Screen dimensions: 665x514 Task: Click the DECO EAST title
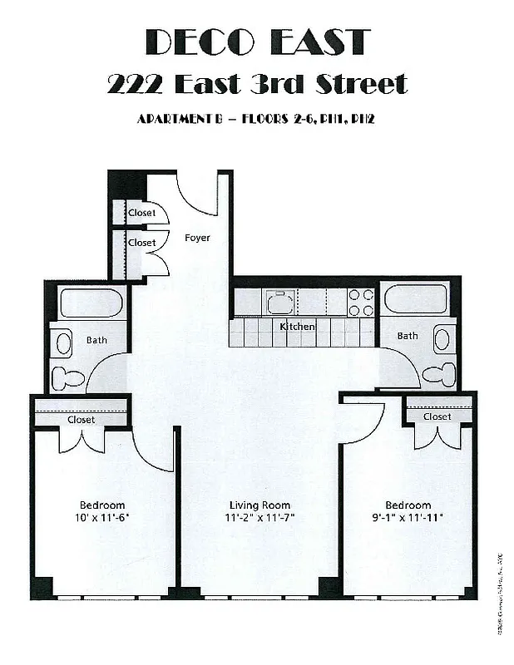coord(257,42)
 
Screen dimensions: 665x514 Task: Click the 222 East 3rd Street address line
coord(257,84)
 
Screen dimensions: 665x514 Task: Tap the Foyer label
coord(197,238)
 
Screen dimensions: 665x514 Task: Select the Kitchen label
coord(297,327)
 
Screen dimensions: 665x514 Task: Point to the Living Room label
coord(259,505)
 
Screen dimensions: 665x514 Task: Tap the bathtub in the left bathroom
coord(92,303)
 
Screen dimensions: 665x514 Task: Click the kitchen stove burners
coord(361,302)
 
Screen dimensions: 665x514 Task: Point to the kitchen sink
coord(280,301)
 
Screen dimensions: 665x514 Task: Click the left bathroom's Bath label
coord(96,340)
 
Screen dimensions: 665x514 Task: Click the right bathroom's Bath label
coord(408,336)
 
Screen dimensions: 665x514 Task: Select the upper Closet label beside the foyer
coord(141,213)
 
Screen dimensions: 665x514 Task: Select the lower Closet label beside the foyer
coord(141,243)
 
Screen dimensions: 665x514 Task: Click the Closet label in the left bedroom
coord(81,420)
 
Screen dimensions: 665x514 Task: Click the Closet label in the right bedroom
coord(437,416)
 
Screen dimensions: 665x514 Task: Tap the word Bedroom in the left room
coord(102,505)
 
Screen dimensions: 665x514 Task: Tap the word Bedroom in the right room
coord(408,505)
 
